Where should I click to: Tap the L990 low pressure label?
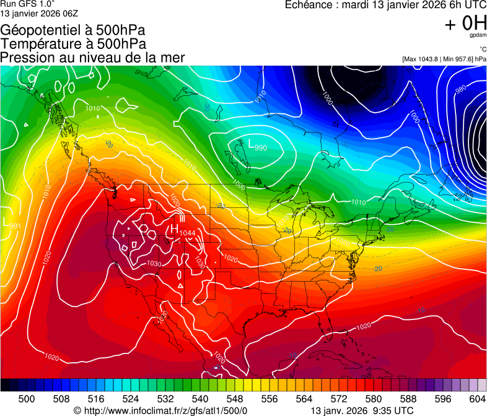point(257,145)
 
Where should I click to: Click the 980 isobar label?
point(460,89)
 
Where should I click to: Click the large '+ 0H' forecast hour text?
point(465,24)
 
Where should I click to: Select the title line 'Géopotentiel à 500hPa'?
point(73,30)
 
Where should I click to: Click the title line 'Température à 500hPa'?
point(73,44)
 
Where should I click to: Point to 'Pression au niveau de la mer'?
point(92,58)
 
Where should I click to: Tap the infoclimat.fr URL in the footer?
point(160,410)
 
